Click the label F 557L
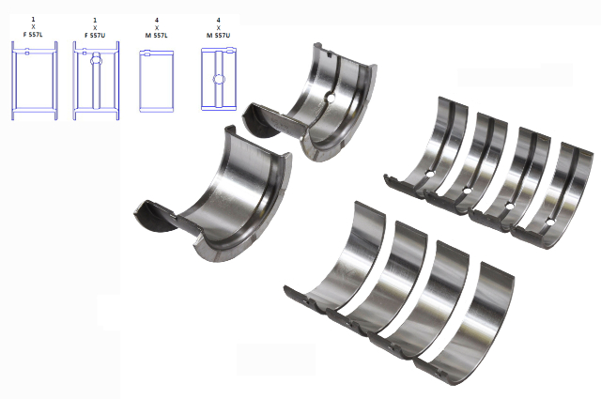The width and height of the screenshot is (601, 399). [x=33, y=35]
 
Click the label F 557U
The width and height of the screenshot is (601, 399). [x=95, y=36]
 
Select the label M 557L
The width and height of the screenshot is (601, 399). [x=157, y=36]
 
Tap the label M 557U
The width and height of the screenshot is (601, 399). [x=219, y=36]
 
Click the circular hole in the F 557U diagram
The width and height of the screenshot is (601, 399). [x=96, y=60]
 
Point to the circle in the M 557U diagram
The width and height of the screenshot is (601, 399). [x=219, y=80]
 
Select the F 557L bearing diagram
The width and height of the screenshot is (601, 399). [x=35, y=81]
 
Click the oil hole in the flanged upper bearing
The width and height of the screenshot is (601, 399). [x=331, y=98]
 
